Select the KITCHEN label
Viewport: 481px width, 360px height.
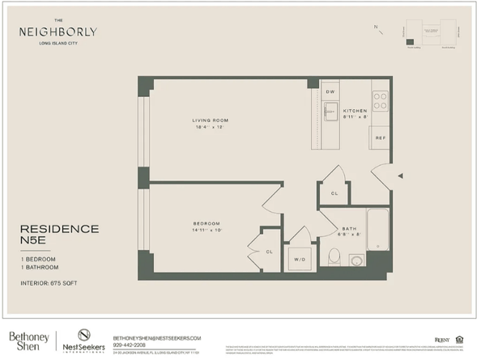click(355, 110)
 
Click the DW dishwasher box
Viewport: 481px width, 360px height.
click(330, 92)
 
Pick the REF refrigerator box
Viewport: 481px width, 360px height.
click(380, 138)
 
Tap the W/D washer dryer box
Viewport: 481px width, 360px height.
click(299, 259)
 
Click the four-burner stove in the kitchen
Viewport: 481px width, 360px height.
click(380, 100)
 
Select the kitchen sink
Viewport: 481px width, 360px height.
click(330, 111)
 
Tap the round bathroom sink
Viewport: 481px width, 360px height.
click(356, 260)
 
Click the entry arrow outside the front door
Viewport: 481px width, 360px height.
click(398, 174)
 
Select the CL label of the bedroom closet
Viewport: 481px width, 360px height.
click(269, 252)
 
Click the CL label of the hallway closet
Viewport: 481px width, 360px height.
click(334, 193)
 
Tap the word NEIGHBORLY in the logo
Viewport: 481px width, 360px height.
click(58, 32)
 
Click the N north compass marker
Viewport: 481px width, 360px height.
click(375, 27)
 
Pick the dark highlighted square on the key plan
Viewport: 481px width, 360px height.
click(411, 41)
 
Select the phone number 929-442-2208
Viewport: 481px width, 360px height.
click(130, 343)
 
